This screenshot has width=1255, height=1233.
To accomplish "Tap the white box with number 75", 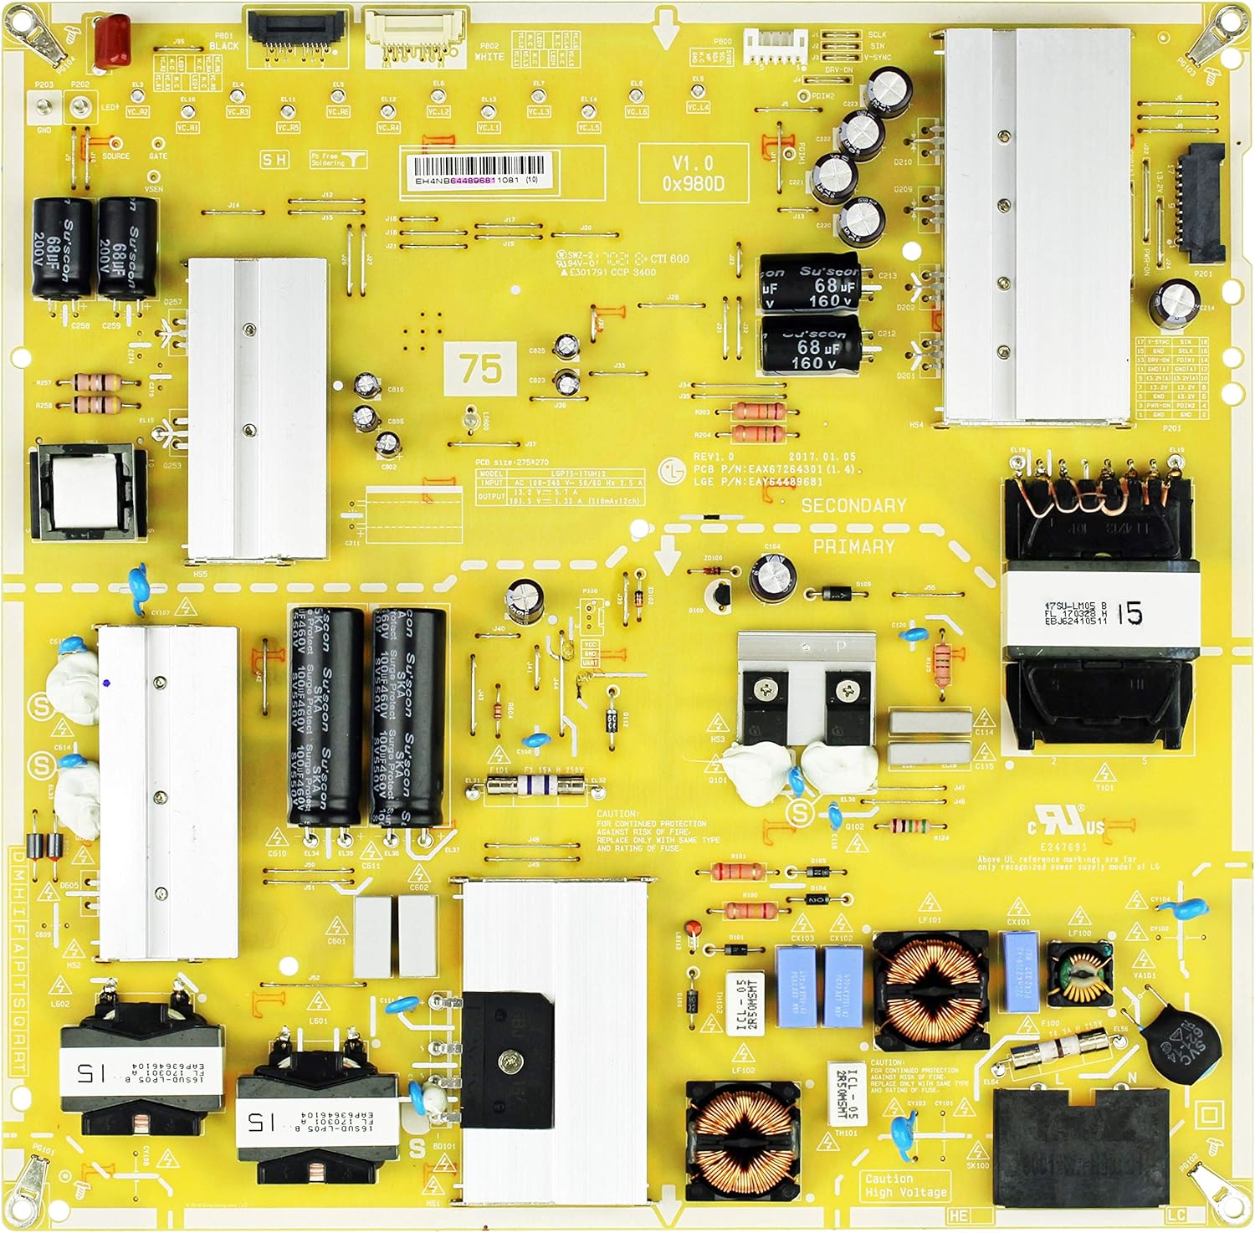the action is pos(481,368).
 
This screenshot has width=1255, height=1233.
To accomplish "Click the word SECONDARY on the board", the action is pos(853,505).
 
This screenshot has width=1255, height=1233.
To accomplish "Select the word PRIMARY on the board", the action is pos(853,546).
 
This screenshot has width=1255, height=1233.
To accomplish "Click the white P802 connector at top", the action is pos(412,38).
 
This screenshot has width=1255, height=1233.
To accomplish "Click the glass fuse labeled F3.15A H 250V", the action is pos(535,785).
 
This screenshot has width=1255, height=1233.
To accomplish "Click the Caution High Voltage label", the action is pos(906,1186).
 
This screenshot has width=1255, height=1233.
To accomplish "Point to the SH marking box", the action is pos(274,160).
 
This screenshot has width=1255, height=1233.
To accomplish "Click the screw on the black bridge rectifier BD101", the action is pos(507,1062).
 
